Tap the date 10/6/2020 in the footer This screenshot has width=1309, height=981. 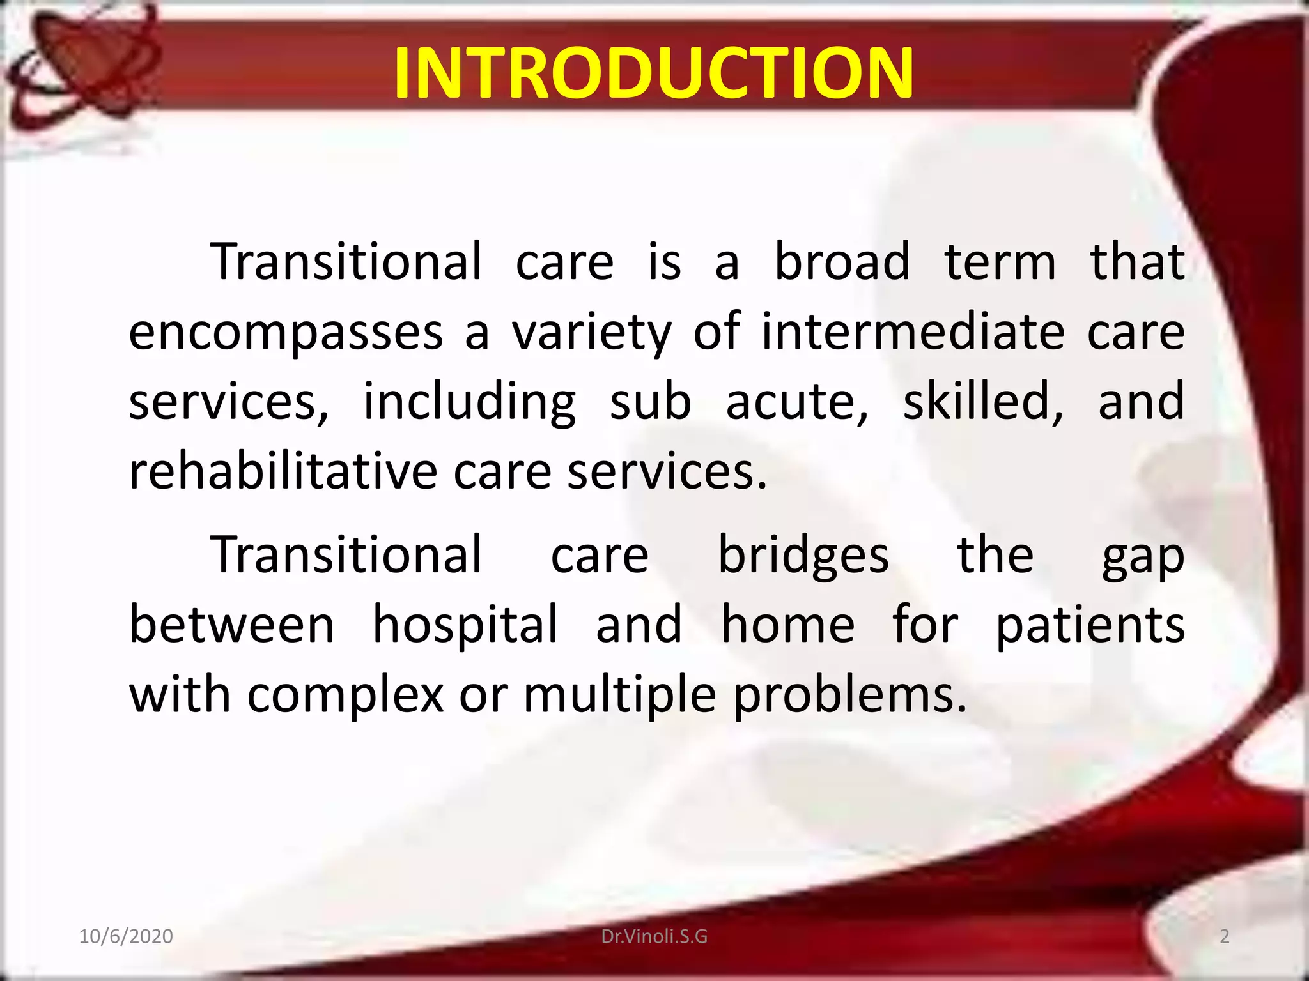pos(125,936)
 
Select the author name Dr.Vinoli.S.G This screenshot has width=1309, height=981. pos(654,936)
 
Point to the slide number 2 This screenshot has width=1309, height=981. pos(1224,936)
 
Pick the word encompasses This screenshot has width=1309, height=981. pos(286,333)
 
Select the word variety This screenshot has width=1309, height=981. pos(591,333)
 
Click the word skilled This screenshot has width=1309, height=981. pos(983,402)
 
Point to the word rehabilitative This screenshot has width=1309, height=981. pos(283,471)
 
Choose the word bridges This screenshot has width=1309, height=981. pos(803,556)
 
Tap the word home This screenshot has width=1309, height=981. pos(787,625)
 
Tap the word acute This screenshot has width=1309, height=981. pos(796,402)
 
